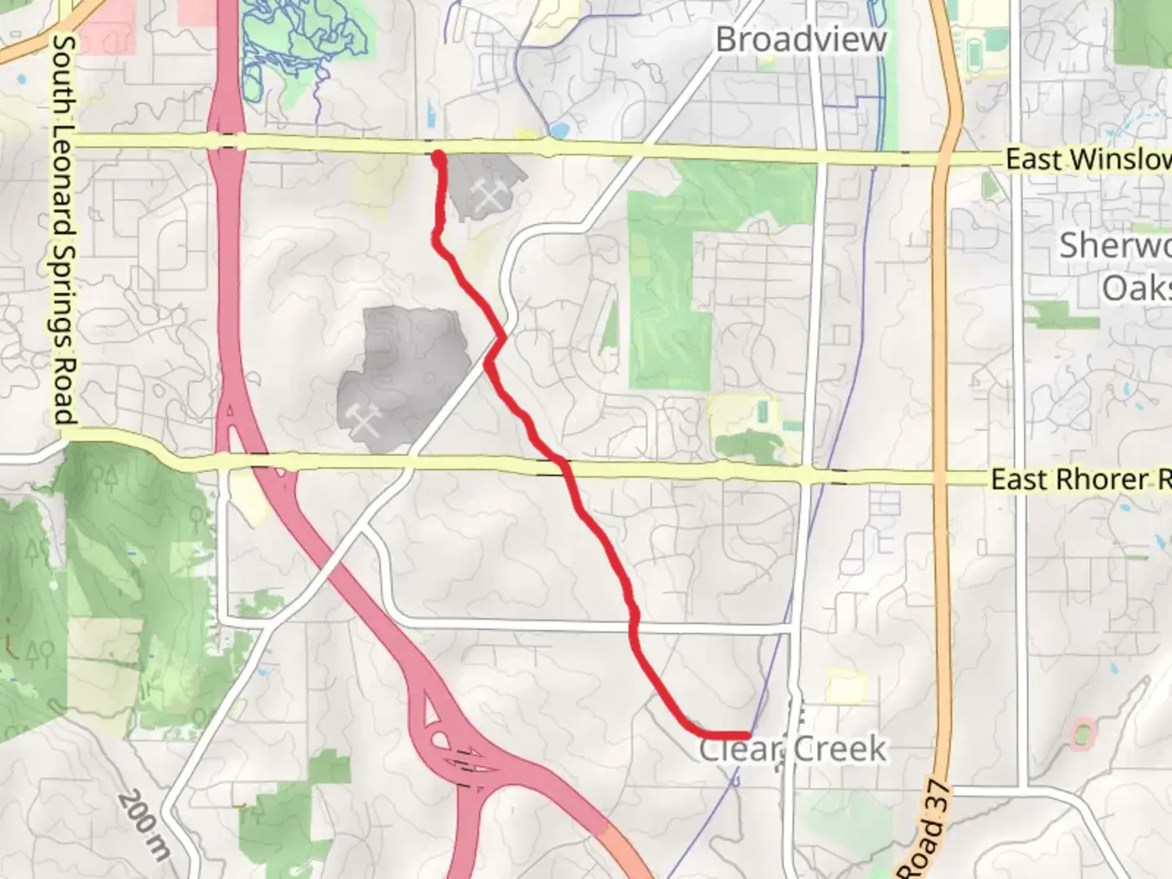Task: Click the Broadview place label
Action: click(801, 39)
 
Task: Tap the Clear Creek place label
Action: click(793, 749)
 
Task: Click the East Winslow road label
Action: click(1087, 160)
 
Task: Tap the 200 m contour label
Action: click(144, 824)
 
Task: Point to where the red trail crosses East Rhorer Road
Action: click(562, 466)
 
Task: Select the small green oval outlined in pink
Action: click(1081, 733)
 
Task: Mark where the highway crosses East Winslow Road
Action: click(225, 141)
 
